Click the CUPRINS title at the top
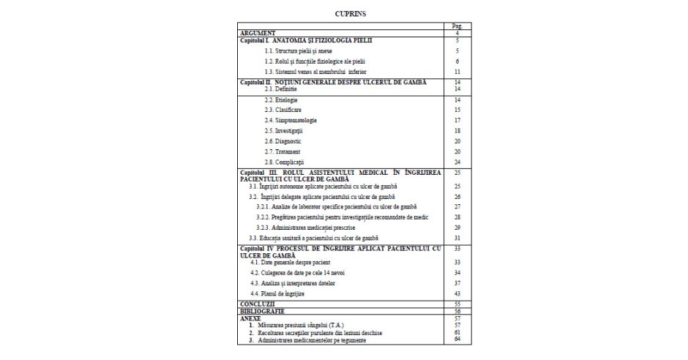344,14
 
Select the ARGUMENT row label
255,34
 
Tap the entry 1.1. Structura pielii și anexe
295,51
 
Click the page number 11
457,72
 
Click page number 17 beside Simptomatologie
457,119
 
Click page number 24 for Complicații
457,161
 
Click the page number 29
457,228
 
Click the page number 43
457,293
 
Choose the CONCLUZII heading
257,303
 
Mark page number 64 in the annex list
457,340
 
